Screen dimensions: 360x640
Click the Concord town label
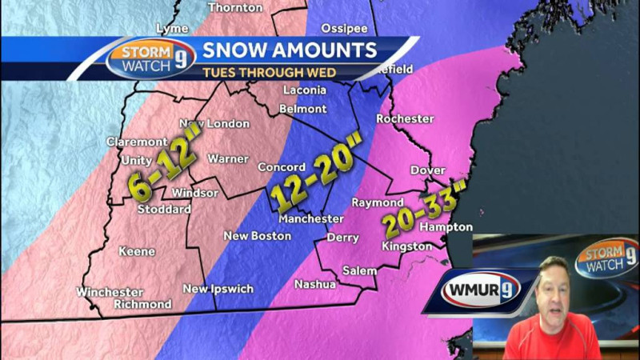pos(281,167)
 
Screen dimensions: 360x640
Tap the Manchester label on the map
pos(310,218)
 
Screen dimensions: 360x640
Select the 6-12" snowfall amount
pos(162,169)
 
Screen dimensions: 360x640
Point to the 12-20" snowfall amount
pos(315,170)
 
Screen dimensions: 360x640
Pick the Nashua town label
pos(314,284)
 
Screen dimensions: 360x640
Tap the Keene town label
pos(137,251)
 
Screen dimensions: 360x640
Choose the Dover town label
pos(427,170)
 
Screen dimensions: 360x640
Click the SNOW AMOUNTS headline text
pos(289,50)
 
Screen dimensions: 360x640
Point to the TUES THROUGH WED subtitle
pos(268,72)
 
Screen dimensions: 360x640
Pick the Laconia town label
pos(304,90)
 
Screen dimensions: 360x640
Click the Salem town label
pos(359,270)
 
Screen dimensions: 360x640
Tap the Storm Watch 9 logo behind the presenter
pos(606,259)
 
